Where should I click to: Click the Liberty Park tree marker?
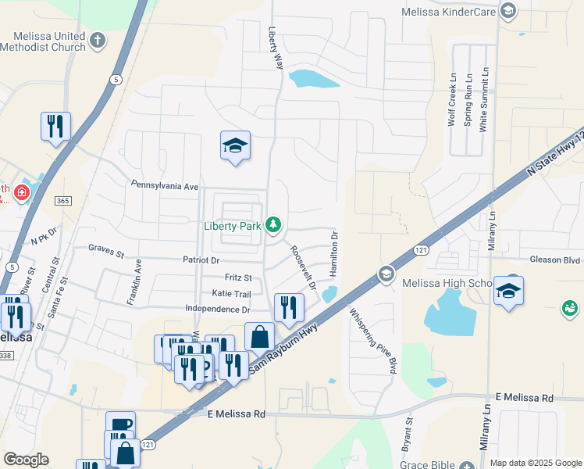tap(273, 225)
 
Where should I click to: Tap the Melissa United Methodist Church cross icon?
tap(97, 40)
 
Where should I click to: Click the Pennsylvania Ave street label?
tap(165, 187)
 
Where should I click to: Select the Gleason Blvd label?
tap(554, 260)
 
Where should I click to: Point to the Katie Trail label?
tap(231, 294)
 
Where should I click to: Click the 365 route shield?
tap(64, 201)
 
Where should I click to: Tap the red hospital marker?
tap(22, 192)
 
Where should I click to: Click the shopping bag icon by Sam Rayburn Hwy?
tap(260, 337)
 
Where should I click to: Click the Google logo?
tap(26, 460)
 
